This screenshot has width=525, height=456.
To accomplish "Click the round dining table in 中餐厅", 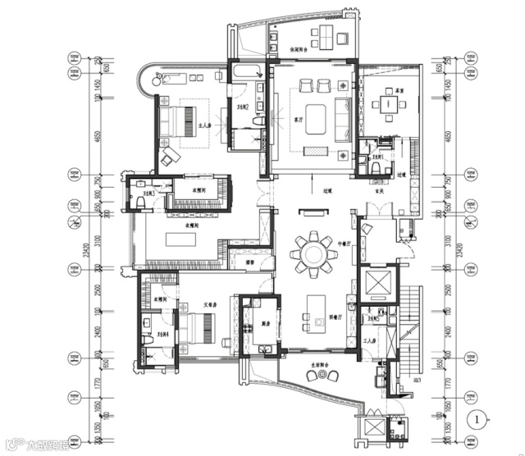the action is pyautogui.click(x=313, y=253).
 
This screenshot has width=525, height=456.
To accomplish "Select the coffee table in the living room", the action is pyautogui.click(x=316, y=116).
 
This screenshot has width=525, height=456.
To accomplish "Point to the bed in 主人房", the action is pyautogui.click(x=180, y=121).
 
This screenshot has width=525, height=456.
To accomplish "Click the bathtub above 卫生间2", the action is pyautogui.click(x=246, y=75).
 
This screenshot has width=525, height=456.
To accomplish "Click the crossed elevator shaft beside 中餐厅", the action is pyautogui.click(x=378, y=282).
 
